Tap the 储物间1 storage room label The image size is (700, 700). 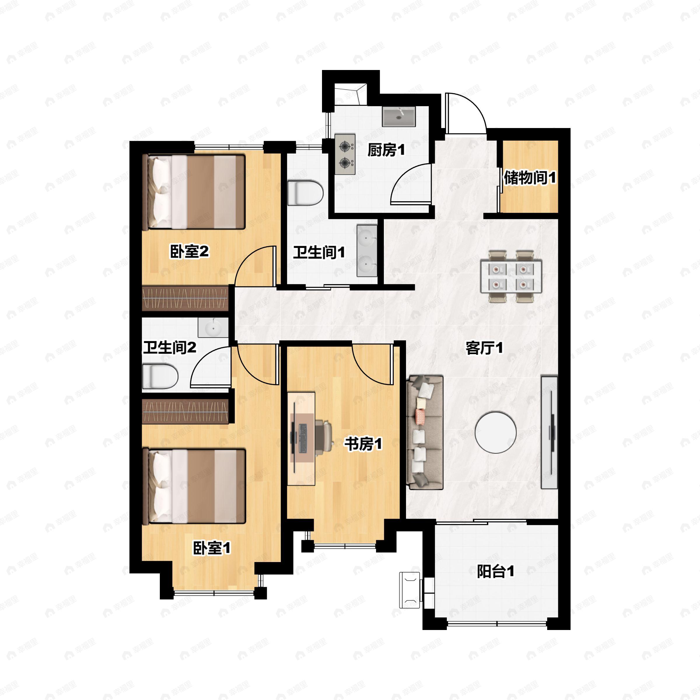(530, 178)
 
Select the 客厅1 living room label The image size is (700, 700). (484, 348)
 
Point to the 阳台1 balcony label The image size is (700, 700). (495, 572)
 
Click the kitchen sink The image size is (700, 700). (399, 117)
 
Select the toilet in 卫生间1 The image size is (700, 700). (305, 193)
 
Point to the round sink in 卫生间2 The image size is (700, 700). (213, 328)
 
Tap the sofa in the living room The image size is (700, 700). (425, 433)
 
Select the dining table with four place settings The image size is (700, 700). (511, 276)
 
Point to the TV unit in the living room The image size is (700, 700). (549, 433)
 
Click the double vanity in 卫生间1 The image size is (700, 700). (367, 250)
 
